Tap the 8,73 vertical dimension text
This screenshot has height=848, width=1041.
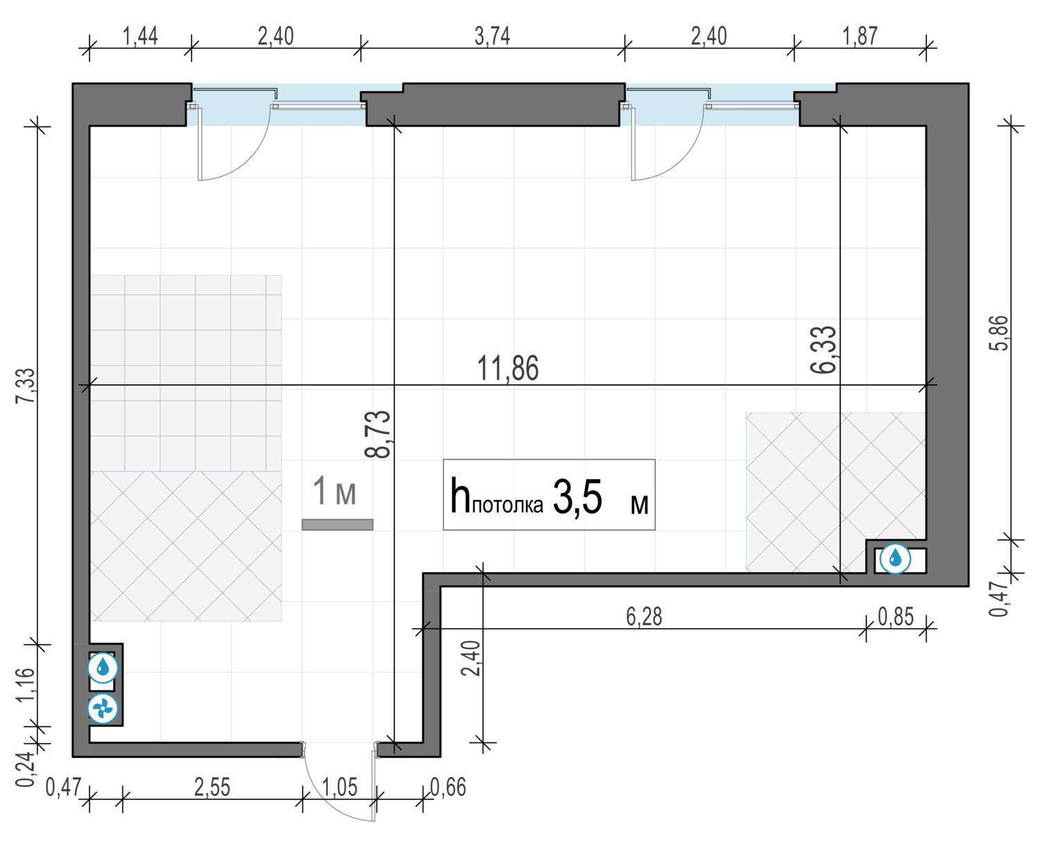378,434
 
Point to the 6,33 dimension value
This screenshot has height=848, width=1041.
823,349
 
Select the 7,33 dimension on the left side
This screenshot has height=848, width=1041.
26,386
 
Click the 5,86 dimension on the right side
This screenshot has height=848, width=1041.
1001,333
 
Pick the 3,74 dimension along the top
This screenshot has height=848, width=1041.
492,36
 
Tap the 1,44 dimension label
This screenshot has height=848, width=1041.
139,36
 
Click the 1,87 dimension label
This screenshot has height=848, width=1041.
860,36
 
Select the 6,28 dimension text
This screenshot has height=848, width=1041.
643,617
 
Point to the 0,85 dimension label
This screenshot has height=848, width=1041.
895,617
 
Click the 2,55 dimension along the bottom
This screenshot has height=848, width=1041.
212,788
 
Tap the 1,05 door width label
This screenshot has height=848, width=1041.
339,788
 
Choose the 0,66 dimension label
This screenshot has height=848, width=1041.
448,788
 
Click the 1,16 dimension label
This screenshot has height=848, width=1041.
26,684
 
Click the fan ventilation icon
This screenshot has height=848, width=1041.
103,708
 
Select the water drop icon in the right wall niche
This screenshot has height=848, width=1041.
895,558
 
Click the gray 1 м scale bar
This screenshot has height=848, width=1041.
337,525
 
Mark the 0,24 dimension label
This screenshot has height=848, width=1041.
26,769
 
